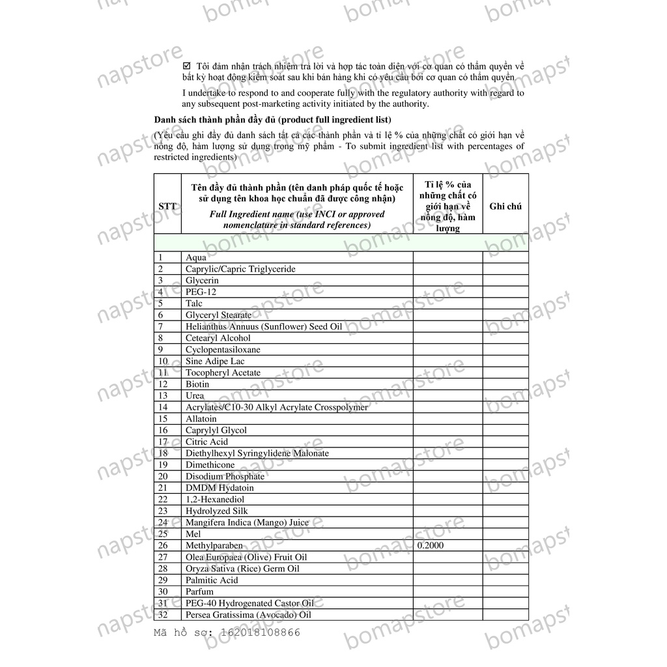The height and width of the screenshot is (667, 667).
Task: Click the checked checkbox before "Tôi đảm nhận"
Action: pyautogui.click(x=187, y=66)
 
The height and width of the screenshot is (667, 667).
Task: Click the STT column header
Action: pyautogui.click(x=167, y=206)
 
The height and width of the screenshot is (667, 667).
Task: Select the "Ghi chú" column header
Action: pyautogui.click(x=505, y=206)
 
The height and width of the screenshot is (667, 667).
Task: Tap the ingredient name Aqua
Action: pyautogui.click(x=195, y=257)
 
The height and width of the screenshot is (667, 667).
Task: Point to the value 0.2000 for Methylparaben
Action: pyautogui.click(x=431, y=545)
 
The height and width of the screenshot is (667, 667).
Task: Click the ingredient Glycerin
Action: pyautogui.click(x=202, y=281)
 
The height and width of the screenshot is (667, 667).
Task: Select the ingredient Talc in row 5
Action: pyautogui.click(x=193, y=304)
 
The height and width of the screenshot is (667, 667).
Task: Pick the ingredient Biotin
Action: pyautogui.click(x=197, y=384)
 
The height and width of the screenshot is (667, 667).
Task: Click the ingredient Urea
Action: pyautogui.click(x=194, y=395)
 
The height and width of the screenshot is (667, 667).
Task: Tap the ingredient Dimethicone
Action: pyautogui.click(x=210, y=465)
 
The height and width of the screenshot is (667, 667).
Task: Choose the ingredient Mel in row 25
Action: pyautogui.click(x=193, y=534)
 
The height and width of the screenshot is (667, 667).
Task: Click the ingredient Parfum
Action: pyautogui.click(x=199, y=591)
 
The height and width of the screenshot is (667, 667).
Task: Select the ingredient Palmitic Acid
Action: pyautogui.click(x=212, y=580)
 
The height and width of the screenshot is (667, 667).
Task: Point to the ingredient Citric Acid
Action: pyautogui.click(x=206, y=442)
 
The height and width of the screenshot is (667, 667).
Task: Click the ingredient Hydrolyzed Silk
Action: pyautogui.click(x=216, y=511)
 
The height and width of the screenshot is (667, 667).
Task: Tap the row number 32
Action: pyautogui.click(x=163, y=614)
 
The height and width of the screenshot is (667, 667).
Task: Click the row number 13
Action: pyautogui.click(x=163, y=395)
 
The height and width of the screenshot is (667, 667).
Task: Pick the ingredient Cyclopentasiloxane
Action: pyautogui.click(x=223, y=350)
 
